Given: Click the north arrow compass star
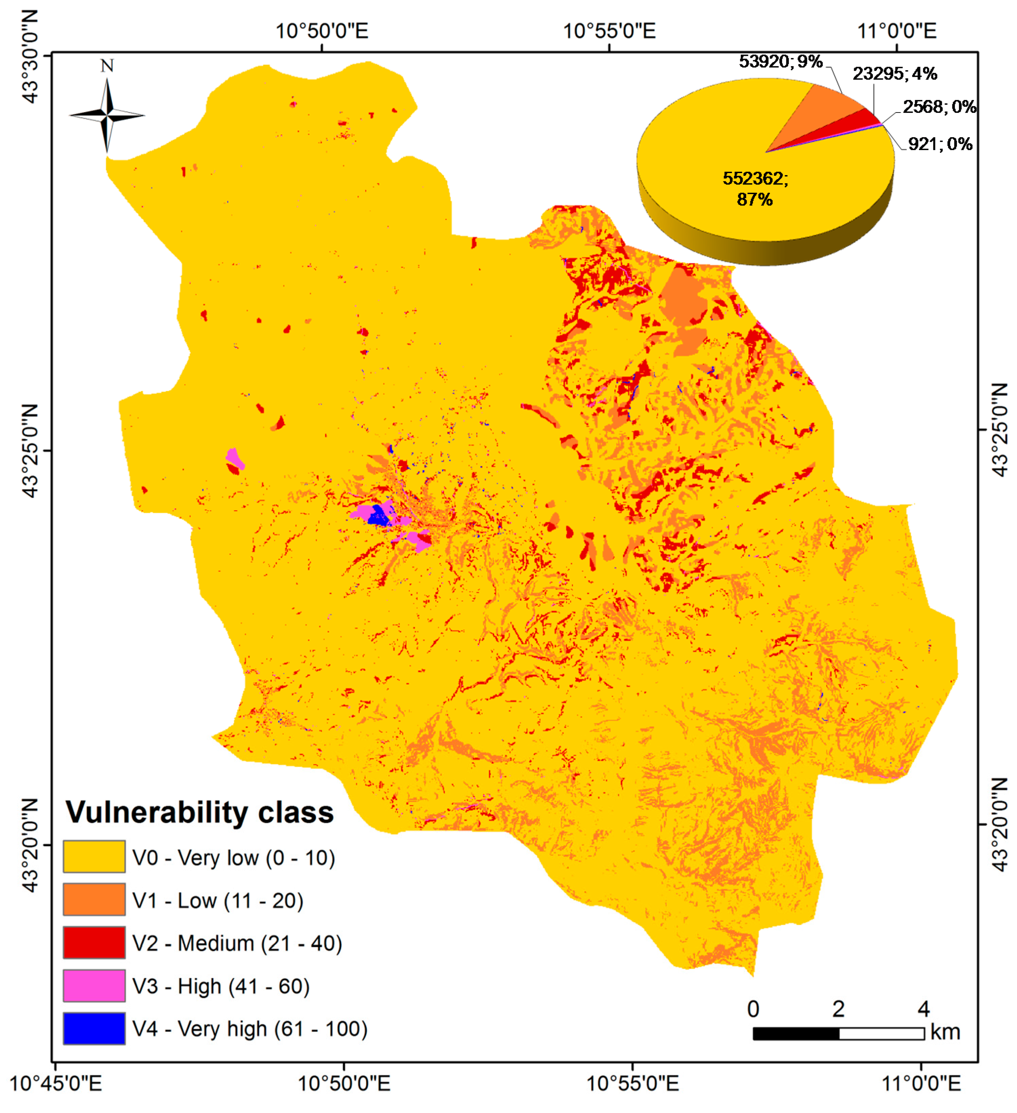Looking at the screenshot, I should [x=107, y=115].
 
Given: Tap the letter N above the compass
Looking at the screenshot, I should [x=107, y=66].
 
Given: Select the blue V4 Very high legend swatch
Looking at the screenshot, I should [x=94, y=1029].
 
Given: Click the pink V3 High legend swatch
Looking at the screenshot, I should [x=94, y=985].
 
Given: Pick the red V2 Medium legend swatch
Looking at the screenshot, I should [x=94, y=943].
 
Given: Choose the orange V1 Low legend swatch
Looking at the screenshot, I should [x=94, y=900].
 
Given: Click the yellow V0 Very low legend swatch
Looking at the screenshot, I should [x=94, y=857].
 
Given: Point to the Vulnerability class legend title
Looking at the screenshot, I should [x=199, y=812].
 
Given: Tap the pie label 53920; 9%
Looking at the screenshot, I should [x=781, y=61].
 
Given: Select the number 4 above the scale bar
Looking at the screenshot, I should [x=924, y=1009].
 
